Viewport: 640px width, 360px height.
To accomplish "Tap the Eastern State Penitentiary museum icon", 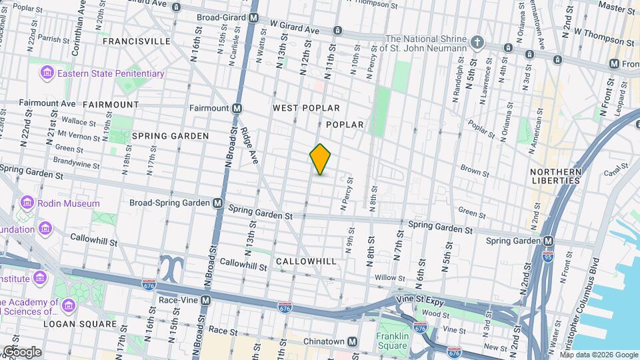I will (x=47, y=73).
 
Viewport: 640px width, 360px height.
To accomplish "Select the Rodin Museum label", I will (x=68, y=203).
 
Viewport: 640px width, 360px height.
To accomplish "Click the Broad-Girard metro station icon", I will (x=253, y=19).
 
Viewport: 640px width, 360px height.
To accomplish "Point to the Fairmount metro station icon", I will (x=237, y=108).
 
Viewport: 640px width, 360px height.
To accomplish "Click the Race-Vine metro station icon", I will (x=206, y=300).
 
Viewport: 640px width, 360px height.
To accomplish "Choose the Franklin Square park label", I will (x=391, y=341).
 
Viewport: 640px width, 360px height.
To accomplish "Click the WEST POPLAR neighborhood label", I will (x=306, y=108).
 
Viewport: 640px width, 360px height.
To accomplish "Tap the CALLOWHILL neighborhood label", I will (x=306, y=261).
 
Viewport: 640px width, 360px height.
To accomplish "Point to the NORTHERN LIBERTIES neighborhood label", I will (x=556, y=176).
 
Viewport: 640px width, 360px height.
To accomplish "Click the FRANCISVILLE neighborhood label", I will (x=136, y=41).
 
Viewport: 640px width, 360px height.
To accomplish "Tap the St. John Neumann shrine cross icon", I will (x=477, y=42).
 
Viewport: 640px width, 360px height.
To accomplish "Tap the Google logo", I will (x=22, y=351).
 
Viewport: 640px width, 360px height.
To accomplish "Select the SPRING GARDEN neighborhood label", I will (x=170, y=135).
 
